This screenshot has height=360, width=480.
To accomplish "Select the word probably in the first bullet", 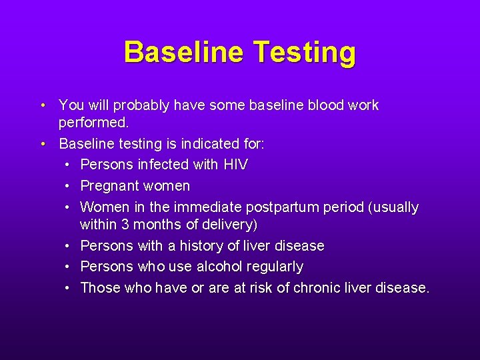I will (141, 105).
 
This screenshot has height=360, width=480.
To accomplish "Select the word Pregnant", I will (108, 185).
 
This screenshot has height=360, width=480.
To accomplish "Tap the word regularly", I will (275, 267).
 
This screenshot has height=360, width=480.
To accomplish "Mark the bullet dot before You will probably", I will (43, 105).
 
